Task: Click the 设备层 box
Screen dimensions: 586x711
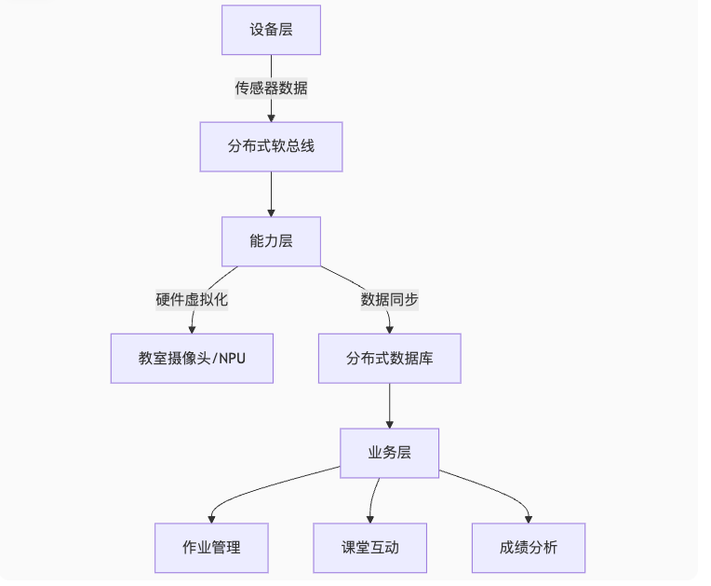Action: click(x=271, y=30)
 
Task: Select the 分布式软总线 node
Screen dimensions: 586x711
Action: click(x=271, y=147)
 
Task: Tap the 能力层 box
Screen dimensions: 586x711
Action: click(x=271, y=241)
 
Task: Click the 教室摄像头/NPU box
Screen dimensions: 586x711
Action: click(x=192, y=359)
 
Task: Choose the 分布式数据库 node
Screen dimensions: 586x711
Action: click(x=389, y=359)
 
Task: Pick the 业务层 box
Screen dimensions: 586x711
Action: click(x=389, y=453)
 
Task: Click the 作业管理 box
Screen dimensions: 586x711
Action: click(x=211, y=548)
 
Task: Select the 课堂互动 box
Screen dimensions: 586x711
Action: click(x=369, y=548)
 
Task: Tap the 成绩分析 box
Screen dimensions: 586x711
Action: click(x=529, y=548)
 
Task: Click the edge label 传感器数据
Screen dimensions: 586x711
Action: click(x=271, y=89)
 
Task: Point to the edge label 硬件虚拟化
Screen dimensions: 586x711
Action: click(x=192, y=300)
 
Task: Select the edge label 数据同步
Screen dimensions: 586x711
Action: click(x=389, y=300)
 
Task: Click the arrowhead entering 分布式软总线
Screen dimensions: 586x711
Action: click(x=271, y=117)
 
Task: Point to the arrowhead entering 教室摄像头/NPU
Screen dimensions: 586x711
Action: click(x=192, y=329)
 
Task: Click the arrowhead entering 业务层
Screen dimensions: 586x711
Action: click(x=389, y=423)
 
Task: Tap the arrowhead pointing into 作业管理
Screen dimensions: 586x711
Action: click(x=212, y=518)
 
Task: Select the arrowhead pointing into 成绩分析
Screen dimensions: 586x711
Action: click(x=529, y=518)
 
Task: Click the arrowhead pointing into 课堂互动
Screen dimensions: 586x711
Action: click(x=370, y=518)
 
